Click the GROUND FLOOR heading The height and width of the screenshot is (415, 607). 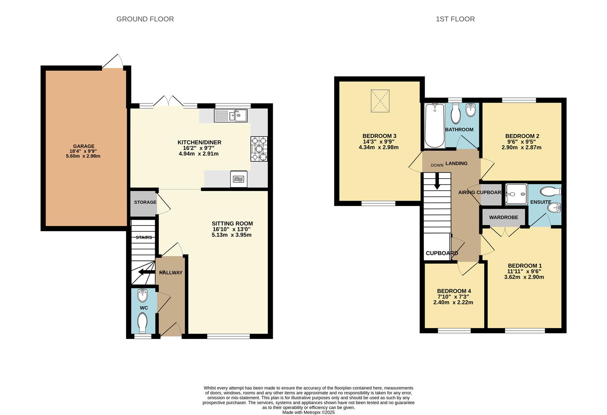[145, 19]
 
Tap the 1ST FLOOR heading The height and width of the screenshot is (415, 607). [455, 19]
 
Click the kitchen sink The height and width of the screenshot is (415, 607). [230, 116]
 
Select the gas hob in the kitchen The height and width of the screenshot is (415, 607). [259, 149]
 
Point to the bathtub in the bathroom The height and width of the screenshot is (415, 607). [435, 125]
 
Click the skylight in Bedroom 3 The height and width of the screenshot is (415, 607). [380, 101]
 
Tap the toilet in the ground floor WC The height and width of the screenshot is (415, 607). [143, 323]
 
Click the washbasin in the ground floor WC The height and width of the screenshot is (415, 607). [143, 295]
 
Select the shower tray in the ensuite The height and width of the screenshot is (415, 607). [517, 194]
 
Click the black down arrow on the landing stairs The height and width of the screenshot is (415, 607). [437, 181]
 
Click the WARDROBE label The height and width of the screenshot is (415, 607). [504, 217]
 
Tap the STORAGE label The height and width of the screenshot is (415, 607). [145, 202]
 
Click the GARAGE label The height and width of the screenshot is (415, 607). [83, 146]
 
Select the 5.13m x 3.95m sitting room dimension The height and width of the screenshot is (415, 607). [232, 235]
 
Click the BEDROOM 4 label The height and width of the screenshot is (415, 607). [454, 291]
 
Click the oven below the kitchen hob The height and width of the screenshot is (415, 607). [239, 179]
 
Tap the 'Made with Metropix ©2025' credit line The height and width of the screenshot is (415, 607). [309, 413]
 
